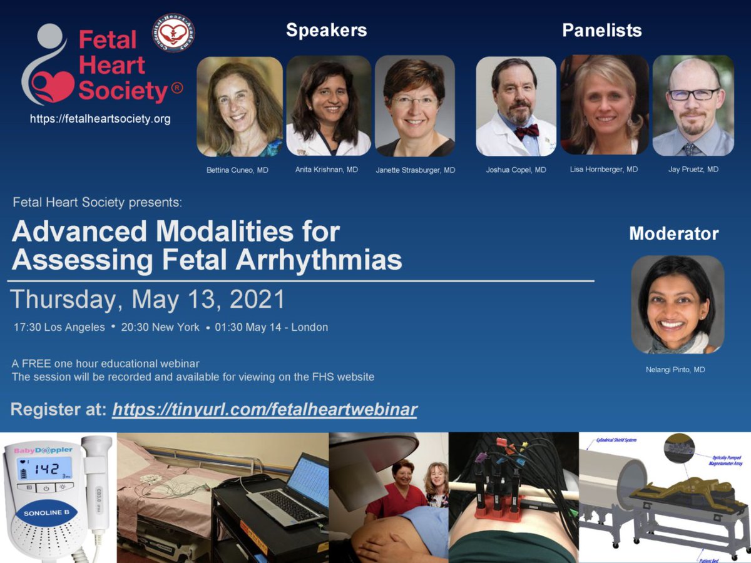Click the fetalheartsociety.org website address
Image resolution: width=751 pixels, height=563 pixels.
click(x=100, y=119)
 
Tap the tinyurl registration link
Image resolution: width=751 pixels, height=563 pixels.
click(x=265, y=410)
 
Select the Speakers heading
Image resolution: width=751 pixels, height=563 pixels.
click(x=326, y=30)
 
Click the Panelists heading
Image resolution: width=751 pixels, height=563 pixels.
click(x=601, y=30)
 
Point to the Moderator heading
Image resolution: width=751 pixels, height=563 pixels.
click(x=673, y=234)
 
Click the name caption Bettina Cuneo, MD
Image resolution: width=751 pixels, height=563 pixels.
click(x=237, y=170)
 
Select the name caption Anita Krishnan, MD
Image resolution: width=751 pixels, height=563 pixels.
click(x=327, y=170)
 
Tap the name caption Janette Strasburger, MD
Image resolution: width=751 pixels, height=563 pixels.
click(x=416, y=170)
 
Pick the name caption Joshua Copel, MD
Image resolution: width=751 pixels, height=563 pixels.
click(x=516, y=170)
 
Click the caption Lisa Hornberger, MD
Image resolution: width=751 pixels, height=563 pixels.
click(x=604, y=170)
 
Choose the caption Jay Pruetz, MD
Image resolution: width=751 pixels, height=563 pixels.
click(x=693, y=170)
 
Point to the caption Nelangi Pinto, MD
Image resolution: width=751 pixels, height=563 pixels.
click(x=675, y=370)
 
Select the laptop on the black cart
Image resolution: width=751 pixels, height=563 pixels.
click(x=291, y=491)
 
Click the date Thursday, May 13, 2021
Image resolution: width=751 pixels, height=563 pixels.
click(x=148, y=300)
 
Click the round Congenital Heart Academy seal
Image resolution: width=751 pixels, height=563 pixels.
click(x=173, y=33)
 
